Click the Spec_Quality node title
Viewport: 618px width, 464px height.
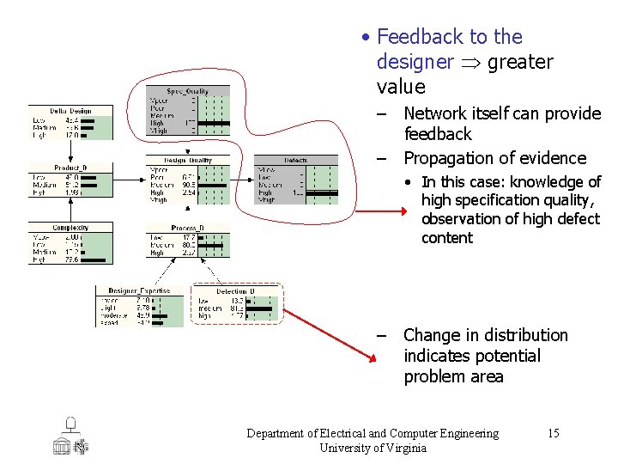(x=188, y=91)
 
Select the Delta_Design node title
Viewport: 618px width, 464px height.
(x=70, y=111)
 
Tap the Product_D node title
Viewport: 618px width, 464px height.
(x=70, y=167)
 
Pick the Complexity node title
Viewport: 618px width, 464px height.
(x=70, y=228)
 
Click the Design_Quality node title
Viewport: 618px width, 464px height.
(x=188, y=160)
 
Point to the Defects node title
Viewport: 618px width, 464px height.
(x=295, y=160)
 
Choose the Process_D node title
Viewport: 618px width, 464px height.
(x=187, y=229)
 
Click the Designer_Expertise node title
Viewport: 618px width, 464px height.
(x=139, y=290)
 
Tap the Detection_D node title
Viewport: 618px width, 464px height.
(x=234, y=291)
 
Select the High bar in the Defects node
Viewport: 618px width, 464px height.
(x=321, y=192)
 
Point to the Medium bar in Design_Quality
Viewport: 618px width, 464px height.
(x=211, y=185)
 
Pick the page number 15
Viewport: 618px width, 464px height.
(x=553, y=433)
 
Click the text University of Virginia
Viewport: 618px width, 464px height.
(x=373, y=447)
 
